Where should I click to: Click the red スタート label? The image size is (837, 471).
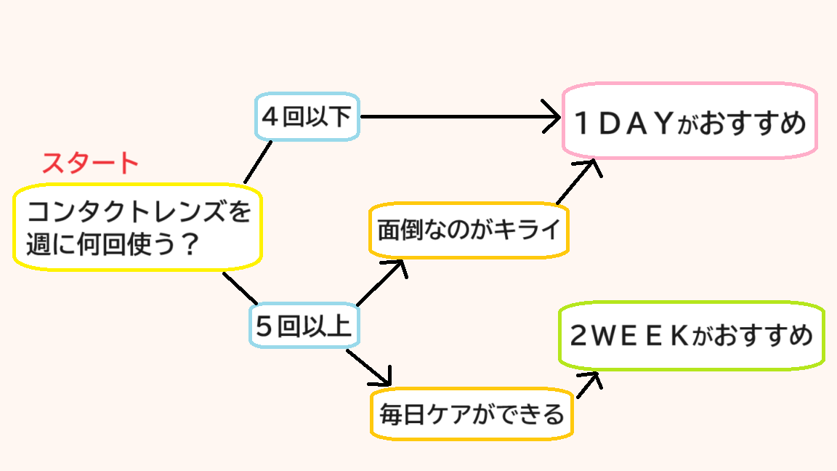(x=90, y=164)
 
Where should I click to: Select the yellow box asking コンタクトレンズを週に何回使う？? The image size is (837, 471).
(x=137, y=227)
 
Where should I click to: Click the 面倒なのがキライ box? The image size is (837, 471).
(x=469, y=230)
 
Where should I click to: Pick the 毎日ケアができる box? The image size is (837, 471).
(x=472, y=414)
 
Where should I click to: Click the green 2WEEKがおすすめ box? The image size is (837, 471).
(x=692, y=336)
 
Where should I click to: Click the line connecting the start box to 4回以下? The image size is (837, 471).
(x=257, y=162)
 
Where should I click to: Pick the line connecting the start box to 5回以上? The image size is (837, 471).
(x=240, y=289)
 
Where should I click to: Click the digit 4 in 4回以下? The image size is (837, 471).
(x=270, y=117)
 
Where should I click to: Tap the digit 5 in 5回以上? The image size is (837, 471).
(x=265, y=327)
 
